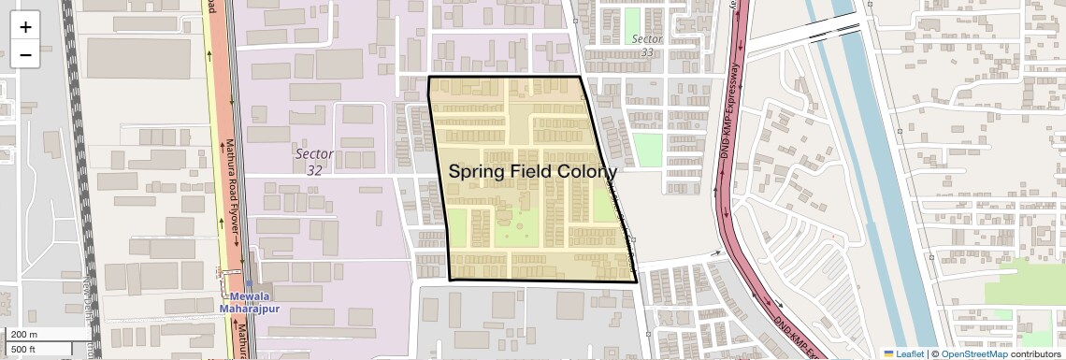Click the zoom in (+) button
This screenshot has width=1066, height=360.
[x=25, y=26]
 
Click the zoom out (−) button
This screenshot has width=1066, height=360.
[x=25, y=55]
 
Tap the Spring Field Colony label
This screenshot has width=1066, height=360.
[x=532, y=172]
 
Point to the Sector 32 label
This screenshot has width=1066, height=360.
[x=314, y=161]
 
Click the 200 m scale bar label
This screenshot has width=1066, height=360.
[x=24, y=335]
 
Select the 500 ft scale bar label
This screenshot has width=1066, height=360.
[x=24, y=350]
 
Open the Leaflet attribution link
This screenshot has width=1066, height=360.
[x=902, y=353]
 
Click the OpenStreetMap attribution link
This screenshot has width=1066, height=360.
[x=974, y=353]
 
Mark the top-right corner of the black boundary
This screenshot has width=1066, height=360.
[x=580, y=77]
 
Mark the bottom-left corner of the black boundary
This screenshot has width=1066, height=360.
[x=450, y=280]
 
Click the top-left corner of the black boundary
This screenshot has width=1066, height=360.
[x=429, y=77]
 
